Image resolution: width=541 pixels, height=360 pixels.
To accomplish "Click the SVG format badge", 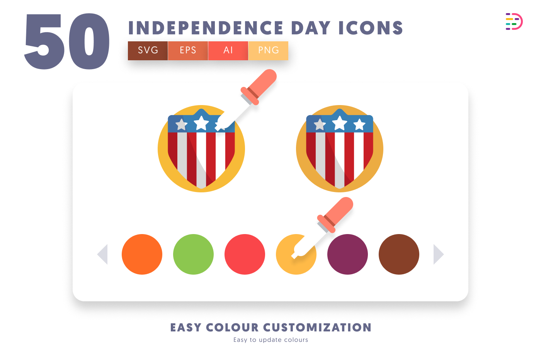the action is [x=148, y=51].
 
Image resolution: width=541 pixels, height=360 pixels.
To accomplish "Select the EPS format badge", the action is [x=188, y=51].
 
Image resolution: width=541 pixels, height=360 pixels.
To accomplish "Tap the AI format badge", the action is [x=228, y=51].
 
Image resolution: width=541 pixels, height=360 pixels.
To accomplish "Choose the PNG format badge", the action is [x=268, y=51].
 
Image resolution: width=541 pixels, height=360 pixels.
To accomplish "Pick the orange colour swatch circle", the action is [x=142, y=254].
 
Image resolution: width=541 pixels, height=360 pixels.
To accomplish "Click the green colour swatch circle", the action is [x=194, y=254].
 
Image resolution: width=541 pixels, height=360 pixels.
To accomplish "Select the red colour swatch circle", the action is [x=245, y=254].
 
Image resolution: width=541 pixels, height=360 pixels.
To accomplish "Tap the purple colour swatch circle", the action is [x=347, y=254].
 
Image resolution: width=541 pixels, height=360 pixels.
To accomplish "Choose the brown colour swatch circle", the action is [x=399, y=254].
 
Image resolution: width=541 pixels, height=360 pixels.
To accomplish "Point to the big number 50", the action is [x=67, y=41].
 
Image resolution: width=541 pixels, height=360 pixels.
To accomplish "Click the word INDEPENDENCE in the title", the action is [x=206, y=28].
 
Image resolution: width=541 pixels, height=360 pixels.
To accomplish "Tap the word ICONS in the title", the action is [x=371, y=28].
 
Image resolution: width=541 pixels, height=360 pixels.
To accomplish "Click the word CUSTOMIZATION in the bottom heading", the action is [x=317, y=328].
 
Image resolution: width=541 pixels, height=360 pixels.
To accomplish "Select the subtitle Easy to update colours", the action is [x=271, y=340].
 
